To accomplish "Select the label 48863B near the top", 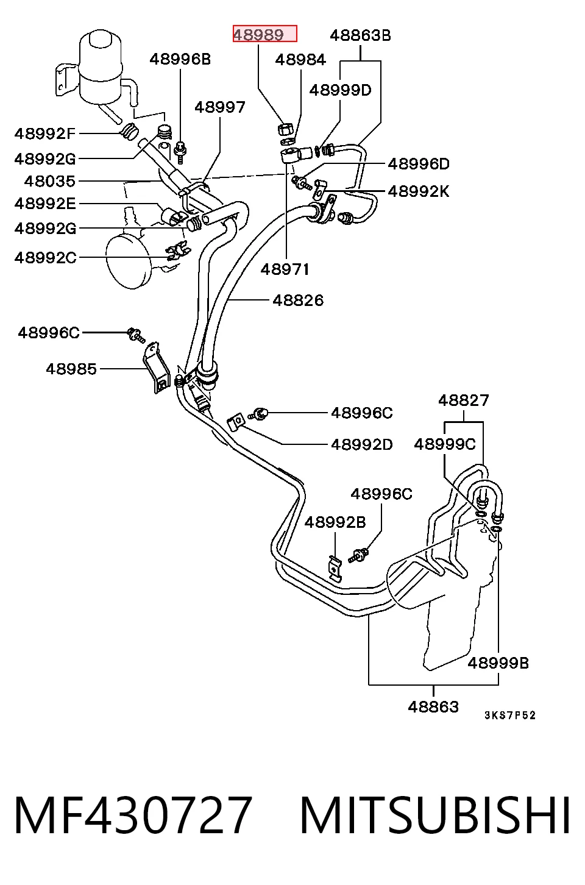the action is point(360,35).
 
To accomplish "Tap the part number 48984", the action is point(300,60).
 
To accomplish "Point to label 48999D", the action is point(341,90).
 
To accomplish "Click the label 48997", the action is point(220,107).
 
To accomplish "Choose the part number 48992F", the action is point(45,133).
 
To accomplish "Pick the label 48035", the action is point(50,182).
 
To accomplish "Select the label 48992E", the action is point(45,204).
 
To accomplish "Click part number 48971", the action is point(285,269).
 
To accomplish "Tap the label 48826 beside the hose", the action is point(298,300).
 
